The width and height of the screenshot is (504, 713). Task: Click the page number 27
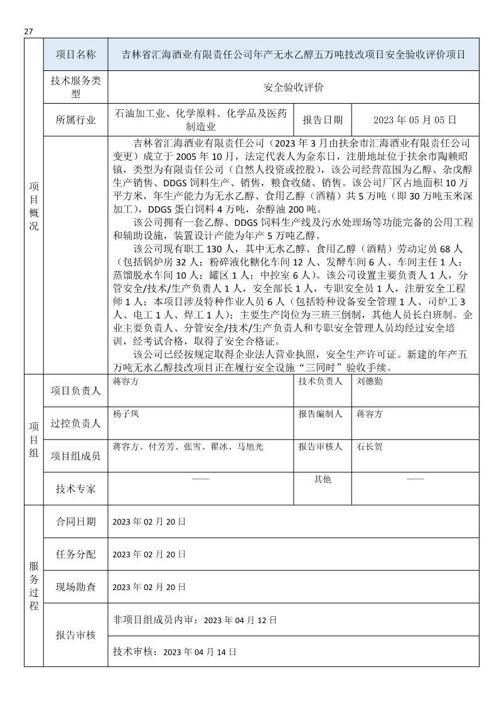[x=28, y=32]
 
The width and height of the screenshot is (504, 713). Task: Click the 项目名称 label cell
[x=75, y=55]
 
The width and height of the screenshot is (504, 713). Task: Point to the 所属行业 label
[x=75, y=120]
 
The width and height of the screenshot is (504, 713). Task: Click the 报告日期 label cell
[x=323, y=120]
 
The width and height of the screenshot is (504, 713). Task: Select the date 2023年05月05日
[x=414, y=120]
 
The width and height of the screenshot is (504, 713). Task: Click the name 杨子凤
[x=126, y=414]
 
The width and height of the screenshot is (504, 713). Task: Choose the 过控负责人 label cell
[x=75, y=423]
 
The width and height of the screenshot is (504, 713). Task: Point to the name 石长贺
[x=369, y=447]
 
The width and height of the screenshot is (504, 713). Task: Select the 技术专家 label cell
[x=75, y=489]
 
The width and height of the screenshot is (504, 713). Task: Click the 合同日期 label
[x=75, y=521]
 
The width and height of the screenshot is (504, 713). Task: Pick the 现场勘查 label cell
[x=75, y=587]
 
